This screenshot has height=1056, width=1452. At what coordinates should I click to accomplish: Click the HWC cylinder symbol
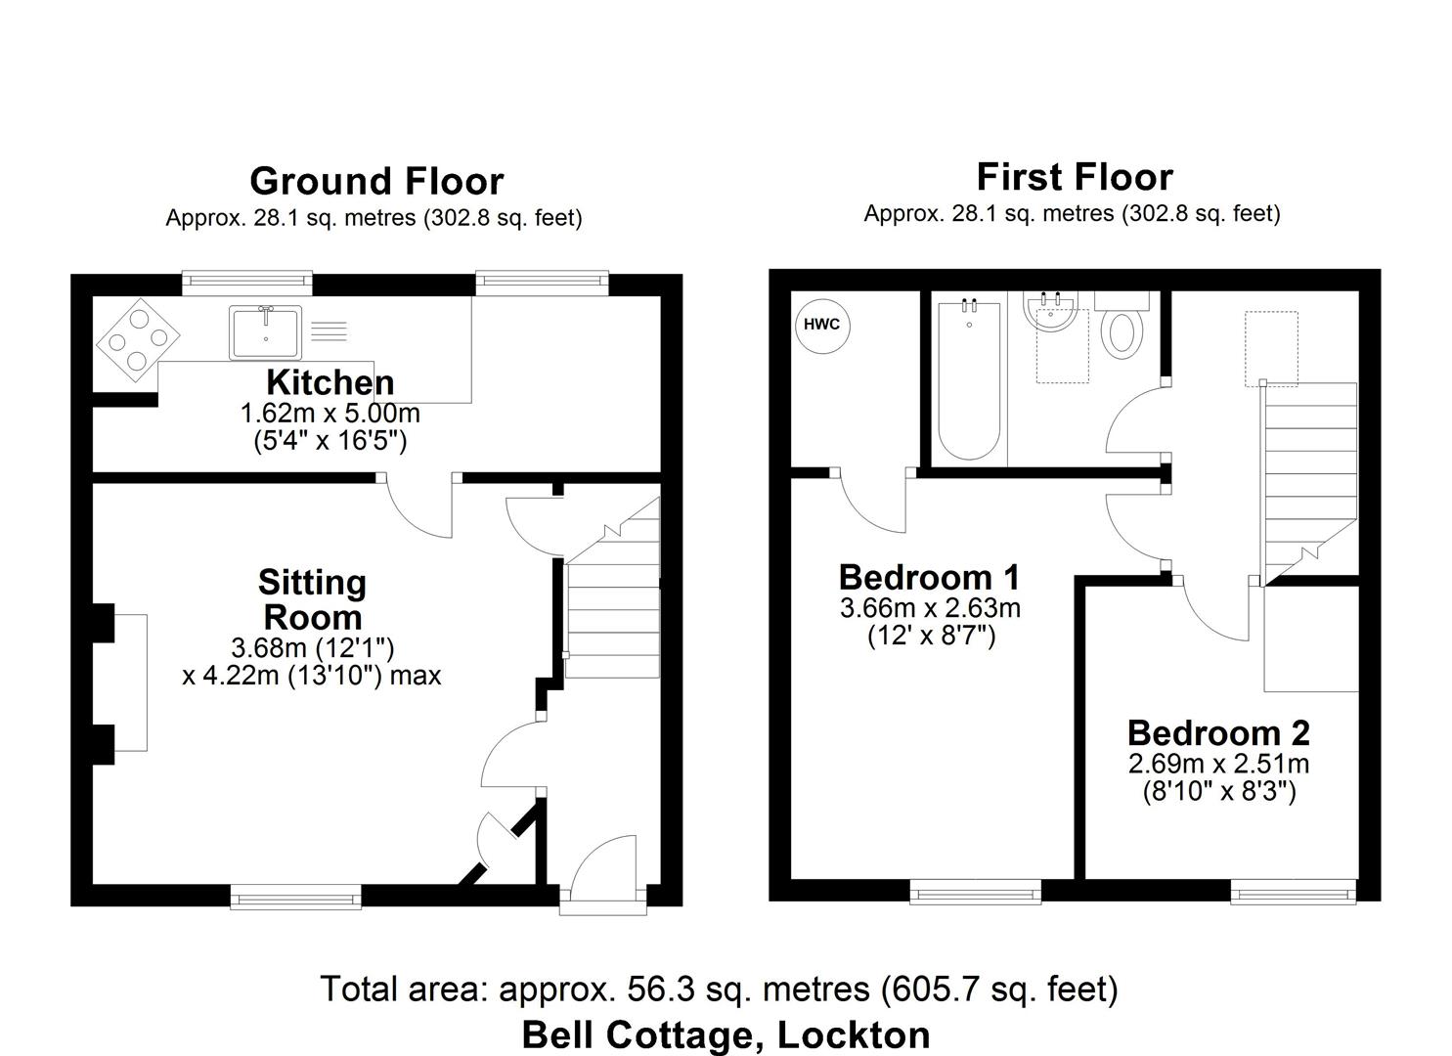pyautogui.click(x=821, y=325)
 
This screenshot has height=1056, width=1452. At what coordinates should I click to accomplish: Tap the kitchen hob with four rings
pyautogui.click(x=138, y=337)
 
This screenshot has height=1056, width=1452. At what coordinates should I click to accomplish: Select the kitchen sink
pyautogui.click(x=267, y=332)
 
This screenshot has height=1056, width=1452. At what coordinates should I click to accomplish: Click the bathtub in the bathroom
pyautogui.click(x=969, y=382)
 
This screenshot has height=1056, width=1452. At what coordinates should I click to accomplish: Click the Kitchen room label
pyautogui.click(x=330, y=382)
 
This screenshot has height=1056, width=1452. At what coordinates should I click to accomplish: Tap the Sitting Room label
pyautogui.click(x=312, y=599)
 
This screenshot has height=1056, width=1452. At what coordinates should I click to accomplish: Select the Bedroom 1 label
pyautogui.click(x=929, y=576)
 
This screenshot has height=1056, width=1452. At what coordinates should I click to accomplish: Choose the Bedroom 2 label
pyautogui.click(x=1218, y=732)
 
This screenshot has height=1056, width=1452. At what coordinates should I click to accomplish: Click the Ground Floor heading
pyautogui.click(x=376, y=181)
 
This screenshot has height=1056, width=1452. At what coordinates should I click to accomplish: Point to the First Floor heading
pyautogui.click(x=1074, y=177)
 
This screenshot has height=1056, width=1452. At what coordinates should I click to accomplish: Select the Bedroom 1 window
pyautogui.click(x=975, y=889)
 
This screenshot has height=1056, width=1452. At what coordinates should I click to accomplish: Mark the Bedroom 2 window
pyautogui.click(x=1293, y=889)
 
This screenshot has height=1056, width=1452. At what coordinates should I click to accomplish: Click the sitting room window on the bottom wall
pyautogui.click(x=295, y=894)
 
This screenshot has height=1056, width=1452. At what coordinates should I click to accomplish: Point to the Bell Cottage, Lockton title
pyautogui.click(x=726, y=1034)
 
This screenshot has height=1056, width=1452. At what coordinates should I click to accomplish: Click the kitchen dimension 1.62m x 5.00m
pyautogui.click(x=330, y=414)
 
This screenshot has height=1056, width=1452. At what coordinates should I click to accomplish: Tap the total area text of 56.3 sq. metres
pyautogui.click(x=719, y=990)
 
